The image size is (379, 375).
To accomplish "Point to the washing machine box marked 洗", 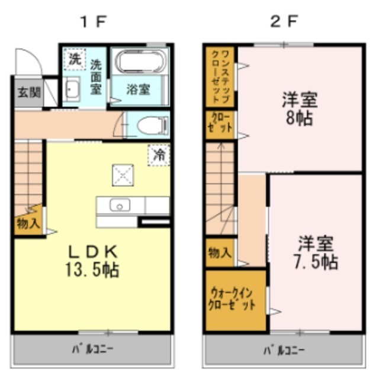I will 74,59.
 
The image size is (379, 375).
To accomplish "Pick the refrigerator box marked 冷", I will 158,155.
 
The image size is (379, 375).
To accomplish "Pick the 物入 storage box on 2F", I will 220,252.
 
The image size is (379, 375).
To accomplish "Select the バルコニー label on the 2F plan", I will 283,349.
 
